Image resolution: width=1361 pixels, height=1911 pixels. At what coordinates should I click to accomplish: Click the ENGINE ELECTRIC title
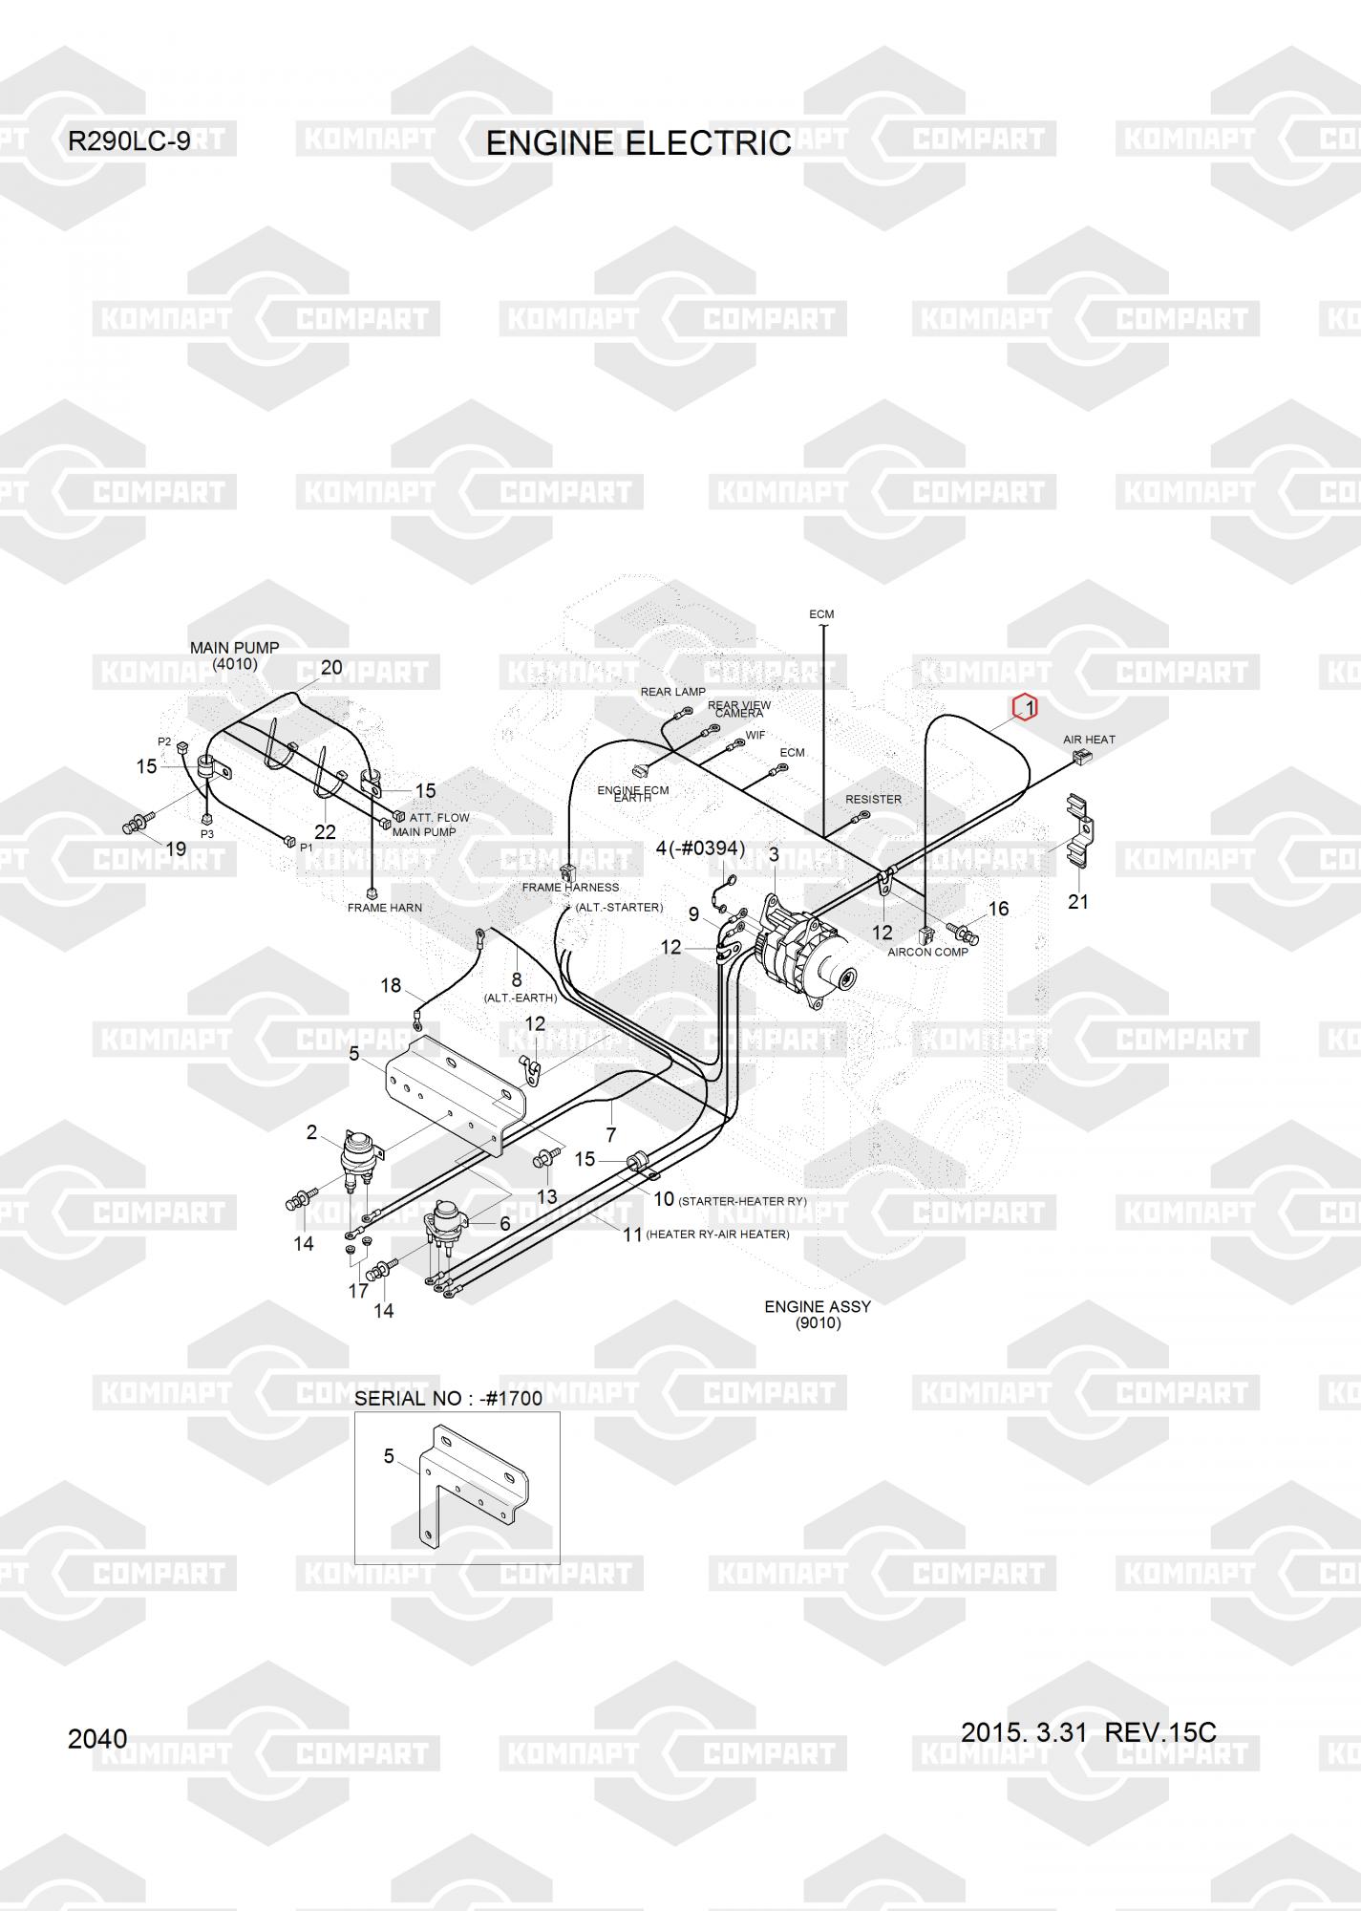638,143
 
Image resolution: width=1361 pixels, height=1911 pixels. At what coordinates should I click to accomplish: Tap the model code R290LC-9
129,141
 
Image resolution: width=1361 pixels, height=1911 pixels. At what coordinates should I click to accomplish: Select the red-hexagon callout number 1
1025,707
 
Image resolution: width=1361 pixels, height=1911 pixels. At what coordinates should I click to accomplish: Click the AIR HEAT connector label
1089,740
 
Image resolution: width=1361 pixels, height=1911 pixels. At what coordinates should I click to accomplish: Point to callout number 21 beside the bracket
1078,901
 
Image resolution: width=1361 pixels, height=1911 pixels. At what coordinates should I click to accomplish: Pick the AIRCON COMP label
927,952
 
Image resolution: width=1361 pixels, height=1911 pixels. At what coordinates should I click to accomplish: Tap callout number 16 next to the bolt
998,909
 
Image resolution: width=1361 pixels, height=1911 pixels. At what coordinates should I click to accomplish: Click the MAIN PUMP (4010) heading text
235,655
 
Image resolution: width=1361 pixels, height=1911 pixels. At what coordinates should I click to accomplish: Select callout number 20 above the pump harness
331,668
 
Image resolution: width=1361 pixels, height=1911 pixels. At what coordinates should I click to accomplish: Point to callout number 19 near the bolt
176,848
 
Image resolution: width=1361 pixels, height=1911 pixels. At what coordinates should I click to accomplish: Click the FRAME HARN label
385,908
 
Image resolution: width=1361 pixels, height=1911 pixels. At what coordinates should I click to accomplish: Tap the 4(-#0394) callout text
700,848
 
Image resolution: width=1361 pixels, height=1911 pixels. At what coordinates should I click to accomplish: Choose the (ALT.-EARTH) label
521,998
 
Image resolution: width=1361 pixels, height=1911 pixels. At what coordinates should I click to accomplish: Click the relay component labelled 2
362,1158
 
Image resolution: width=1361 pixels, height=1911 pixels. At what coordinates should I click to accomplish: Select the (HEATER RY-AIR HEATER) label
718,1235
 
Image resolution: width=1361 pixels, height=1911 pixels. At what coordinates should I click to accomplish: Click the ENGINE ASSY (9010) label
818,1315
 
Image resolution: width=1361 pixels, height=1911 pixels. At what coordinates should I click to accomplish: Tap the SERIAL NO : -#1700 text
449,1399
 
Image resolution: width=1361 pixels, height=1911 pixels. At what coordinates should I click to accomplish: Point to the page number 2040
97,1739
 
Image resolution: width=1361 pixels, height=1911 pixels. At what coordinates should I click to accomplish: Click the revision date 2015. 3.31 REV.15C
1089,1732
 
